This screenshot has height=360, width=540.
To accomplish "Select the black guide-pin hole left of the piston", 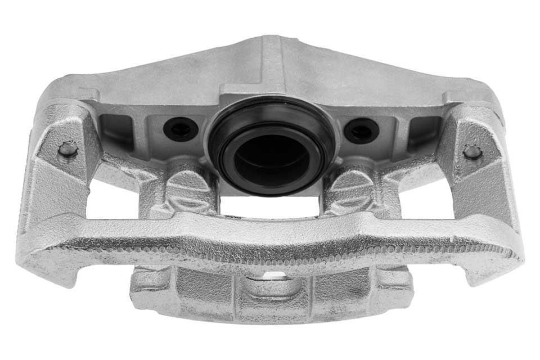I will coord(181,129).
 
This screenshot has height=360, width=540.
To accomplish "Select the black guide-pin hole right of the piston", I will coord(361,131).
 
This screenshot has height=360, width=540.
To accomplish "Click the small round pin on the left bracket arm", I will coord(68,150).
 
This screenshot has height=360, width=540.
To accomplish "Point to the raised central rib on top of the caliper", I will coord(272,62).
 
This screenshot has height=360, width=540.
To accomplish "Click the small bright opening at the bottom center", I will coord(274,275).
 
